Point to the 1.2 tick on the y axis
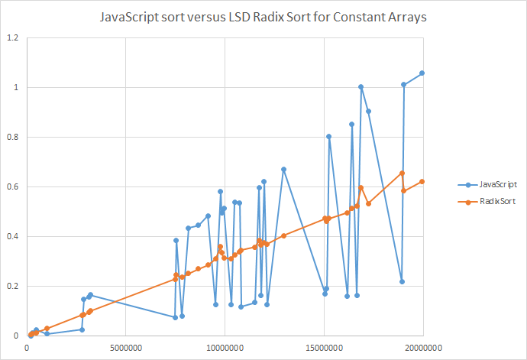pos(13,38)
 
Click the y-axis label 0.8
pos(13,138)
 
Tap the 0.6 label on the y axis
pos(13,187)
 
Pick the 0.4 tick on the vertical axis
pos(13,237)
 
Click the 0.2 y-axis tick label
pos(13,287)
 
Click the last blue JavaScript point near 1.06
pos(422,73)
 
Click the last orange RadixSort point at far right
pos(422,181)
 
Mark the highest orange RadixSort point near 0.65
pos(403,174)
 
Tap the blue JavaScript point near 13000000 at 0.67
pos(283,169)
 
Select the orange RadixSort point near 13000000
pos(283,235)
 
